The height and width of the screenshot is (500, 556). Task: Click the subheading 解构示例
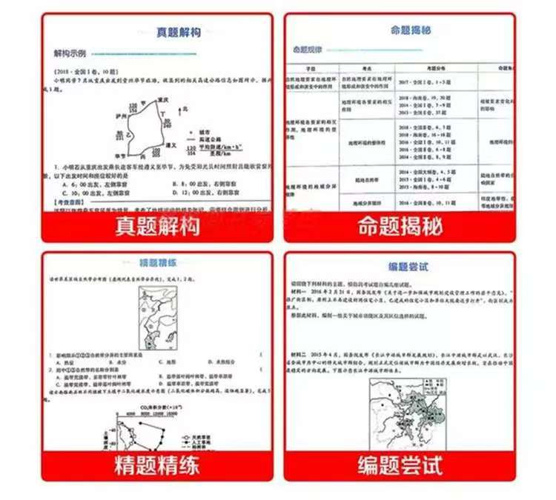pyautogui.click(x=70, y=54)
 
